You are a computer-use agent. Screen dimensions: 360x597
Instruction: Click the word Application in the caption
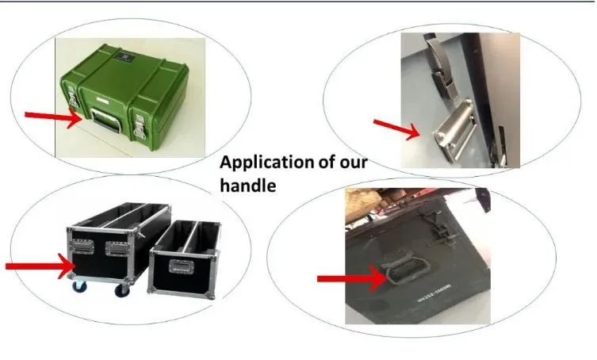(266, 163)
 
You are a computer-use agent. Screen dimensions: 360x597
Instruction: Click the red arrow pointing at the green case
(52, 118)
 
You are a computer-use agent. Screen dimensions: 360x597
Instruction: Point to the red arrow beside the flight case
(39, 266)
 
